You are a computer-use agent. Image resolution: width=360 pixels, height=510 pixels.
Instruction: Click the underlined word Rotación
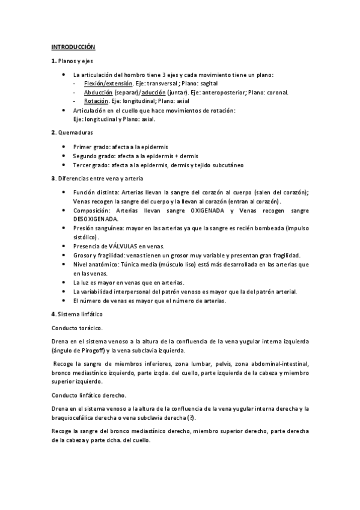coord(95,102)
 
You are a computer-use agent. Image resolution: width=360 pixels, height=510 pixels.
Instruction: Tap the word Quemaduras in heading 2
coord(75,131)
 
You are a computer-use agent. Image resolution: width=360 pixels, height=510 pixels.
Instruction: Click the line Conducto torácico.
coord(77,328)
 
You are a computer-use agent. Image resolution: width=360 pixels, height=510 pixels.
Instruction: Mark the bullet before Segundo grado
coord(65,155)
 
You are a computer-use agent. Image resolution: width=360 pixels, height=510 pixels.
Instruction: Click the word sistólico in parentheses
coord(86,238)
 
